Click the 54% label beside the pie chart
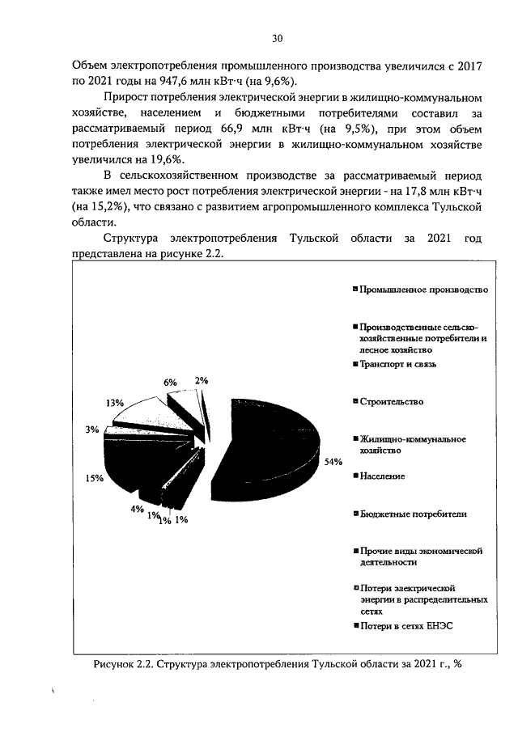(333, 462)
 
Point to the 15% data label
(94, 478)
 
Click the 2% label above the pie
(201, 381)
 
